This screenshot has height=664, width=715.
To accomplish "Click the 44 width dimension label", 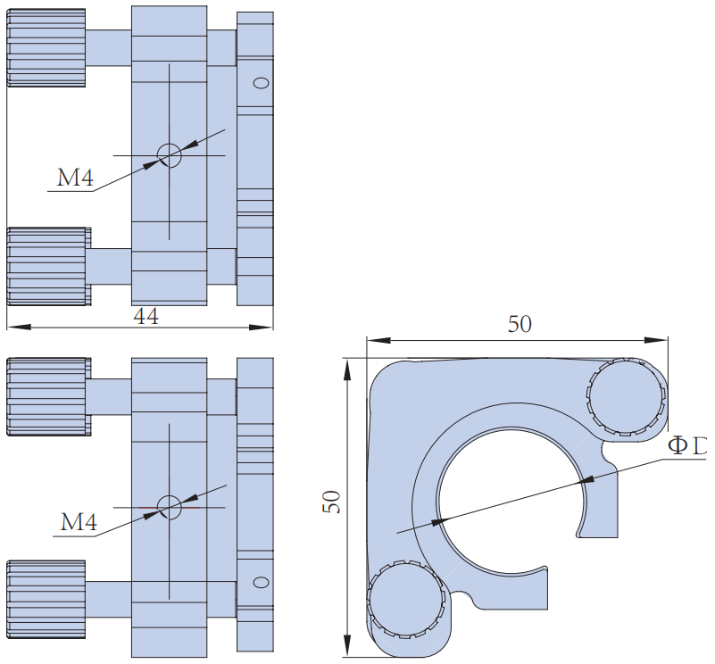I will click(x=145, y=316).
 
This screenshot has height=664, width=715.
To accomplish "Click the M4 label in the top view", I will click(x=76, y=178).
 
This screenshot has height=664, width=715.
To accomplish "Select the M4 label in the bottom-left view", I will click(x=79, y=522).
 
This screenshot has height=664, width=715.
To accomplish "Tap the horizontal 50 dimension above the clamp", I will click(x=520, y=324).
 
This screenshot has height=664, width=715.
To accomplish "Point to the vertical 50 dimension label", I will click(x=329, y=501).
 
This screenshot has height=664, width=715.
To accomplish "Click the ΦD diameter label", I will click(x=687, y=445).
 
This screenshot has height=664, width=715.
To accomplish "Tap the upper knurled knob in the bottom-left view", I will click(x=46, y=396).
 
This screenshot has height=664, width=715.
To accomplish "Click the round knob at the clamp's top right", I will click(x=627, y=398).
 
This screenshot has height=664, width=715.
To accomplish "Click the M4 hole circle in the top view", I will click(x=169, y=155).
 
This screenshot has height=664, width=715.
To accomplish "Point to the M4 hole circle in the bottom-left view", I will click(x=169, y=506).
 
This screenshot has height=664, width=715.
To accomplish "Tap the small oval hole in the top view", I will click(x=261, y=83).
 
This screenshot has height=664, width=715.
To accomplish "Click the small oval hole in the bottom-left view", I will click(x=261, y=583).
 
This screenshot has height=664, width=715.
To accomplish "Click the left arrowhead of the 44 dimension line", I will click(x=12, y=328).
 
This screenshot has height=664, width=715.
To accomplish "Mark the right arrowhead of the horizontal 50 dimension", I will click(x=661, y=339).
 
